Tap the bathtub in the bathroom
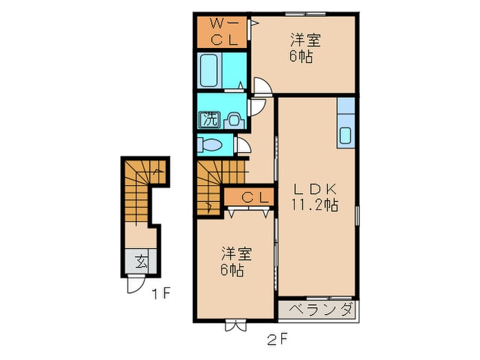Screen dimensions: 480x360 tap(209, 71)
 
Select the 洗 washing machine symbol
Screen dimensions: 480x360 tap(209, 119)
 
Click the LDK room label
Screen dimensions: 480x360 tap(315, 189)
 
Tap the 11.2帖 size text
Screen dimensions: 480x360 tap(315, 205)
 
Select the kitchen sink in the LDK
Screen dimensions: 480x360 tap(346, 135)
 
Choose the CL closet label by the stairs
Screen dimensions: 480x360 tap(255, 197)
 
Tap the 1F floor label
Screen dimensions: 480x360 tap(160, 294)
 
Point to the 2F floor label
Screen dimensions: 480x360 tap(277, 339)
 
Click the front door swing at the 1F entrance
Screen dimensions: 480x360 tap(136, 285)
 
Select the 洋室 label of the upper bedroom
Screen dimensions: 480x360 tap(305, 40)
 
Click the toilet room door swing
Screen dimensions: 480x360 tap(243, 145)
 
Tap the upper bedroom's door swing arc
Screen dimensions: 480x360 tap(263, 87)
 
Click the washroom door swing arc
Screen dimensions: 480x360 tap(257, 107)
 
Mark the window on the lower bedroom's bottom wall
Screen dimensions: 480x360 tap(236, 324)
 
